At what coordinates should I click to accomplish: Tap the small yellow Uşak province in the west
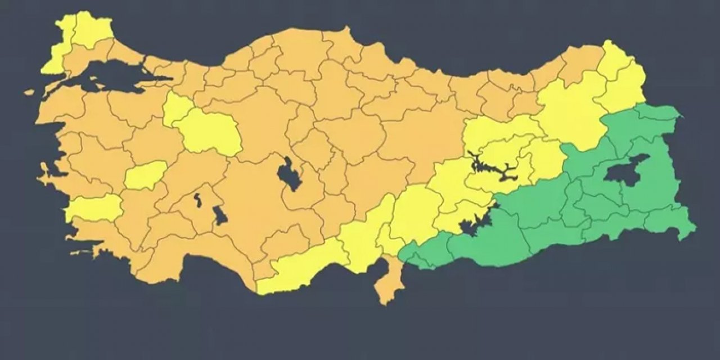[145, 175]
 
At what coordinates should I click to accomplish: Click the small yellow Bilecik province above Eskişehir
[176, 109]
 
